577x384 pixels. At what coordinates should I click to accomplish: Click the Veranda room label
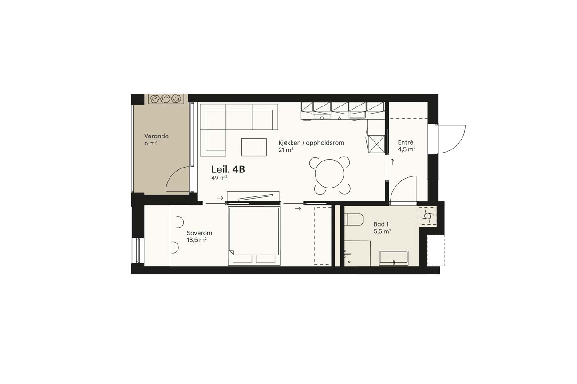pos(156,136)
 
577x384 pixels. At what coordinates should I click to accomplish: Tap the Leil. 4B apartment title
pos(228,170)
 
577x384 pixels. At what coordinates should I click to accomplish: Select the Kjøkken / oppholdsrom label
pos(311,143)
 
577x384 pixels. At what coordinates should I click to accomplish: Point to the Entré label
pos(405,142)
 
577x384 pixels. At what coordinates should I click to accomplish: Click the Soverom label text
pos(199,233)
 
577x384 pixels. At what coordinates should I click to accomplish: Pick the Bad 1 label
pos(381,224)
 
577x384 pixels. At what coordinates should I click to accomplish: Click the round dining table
pos(329,174)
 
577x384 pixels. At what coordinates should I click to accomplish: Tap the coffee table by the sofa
pos(254,147)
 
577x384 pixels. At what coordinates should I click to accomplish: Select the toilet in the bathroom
pos(354,219)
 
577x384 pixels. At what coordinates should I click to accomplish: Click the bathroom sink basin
pos(394,258)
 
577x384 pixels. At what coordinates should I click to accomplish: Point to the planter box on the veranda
pos(166,99)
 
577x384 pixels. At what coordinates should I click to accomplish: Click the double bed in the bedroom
pos(254,235)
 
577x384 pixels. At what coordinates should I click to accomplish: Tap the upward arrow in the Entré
pos(392,162)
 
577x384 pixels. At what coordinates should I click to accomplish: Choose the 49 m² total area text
pos(219,177)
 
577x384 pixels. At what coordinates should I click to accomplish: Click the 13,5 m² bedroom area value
pos(197,240)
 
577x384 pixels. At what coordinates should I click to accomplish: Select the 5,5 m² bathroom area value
pos(382,231)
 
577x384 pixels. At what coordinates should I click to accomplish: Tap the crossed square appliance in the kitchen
pos(376,145)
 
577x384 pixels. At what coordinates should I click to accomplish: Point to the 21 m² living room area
pos(286,149)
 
